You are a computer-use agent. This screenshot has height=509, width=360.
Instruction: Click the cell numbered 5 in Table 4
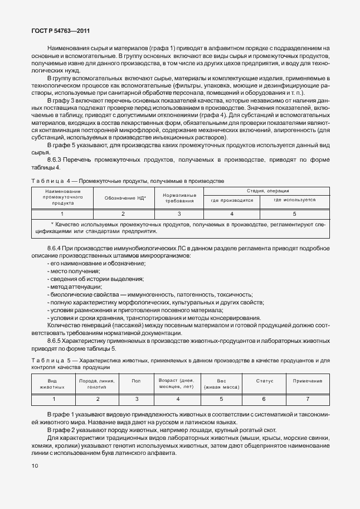coord(294,214)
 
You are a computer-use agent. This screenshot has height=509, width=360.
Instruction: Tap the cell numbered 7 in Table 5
coord(307,399)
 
